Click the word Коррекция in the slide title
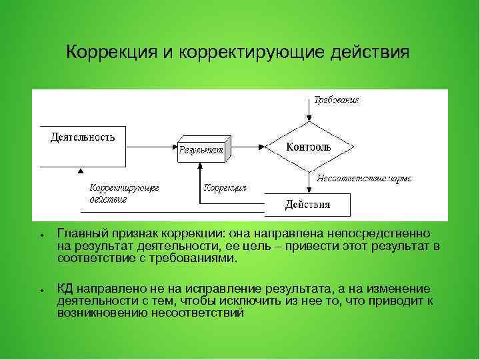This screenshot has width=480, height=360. (111, 52)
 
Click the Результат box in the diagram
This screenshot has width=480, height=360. (202, 150)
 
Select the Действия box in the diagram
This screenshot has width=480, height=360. (307, 204)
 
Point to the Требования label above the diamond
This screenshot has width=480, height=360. (337, 100)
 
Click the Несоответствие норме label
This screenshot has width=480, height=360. (364, 178)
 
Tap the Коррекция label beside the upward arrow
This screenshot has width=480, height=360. (225, 187)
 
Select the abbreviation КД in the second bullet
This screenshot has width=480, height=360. (65, 289)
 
